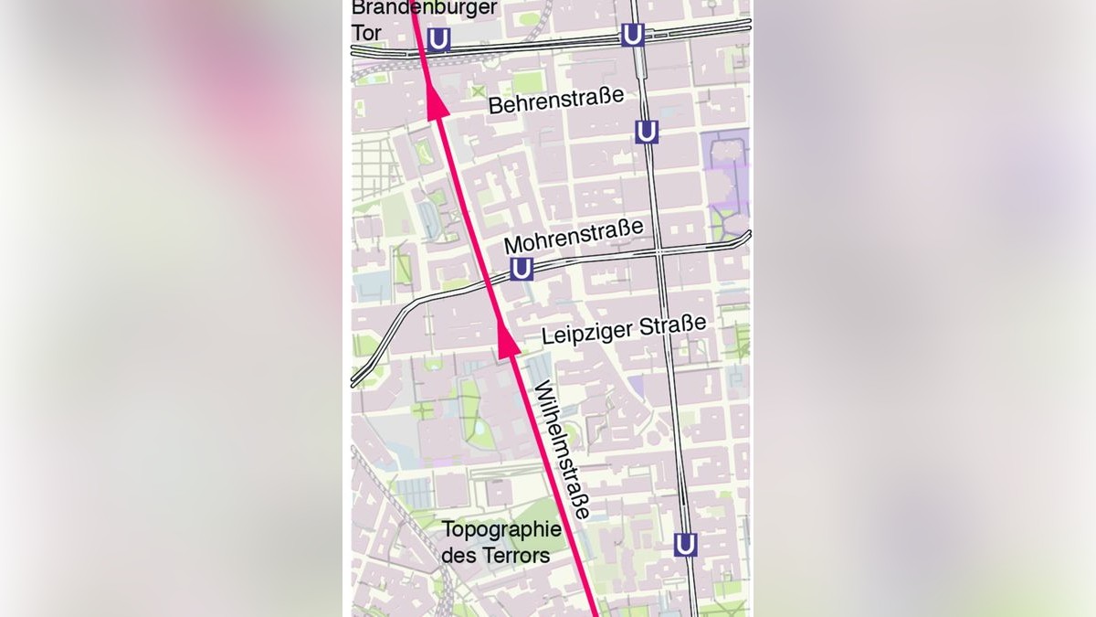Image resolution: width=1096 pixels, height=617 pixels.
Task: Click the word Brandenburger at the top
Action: pyautogui.click(x=425, y=8)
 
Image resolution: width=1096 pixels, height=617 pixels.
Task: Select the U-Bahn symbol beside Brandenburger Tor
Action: pyautogui.click(x=439, y=40)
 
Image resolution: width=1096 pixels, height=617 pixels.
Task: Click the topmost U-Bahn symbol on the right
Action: pyautogui.click(x=632, y=35)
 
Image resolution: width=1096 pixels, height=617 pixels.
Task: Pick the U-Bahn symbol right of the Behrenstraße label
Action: pyautogui.click(x=647, y=132)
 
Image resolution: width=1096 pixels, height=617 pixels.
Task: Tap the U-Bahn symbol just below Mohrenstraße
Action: pyautogui.click(x=521, y=269)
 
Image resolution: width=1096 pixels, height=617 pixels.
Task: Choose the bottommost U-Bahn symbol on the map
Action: pyautogui.click(x=685, y=545)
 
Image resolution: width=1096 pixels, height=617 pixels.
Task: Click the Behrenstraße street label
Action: pyautogui.click(x=555, y=101)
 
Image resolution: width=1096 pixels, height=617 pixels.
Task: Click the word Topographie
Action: pyautogui.click(x=501, y=530)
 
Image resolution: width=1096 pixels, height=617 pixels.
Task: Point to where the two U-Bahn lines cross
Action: pyautogui.click(x=658, y=250)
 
